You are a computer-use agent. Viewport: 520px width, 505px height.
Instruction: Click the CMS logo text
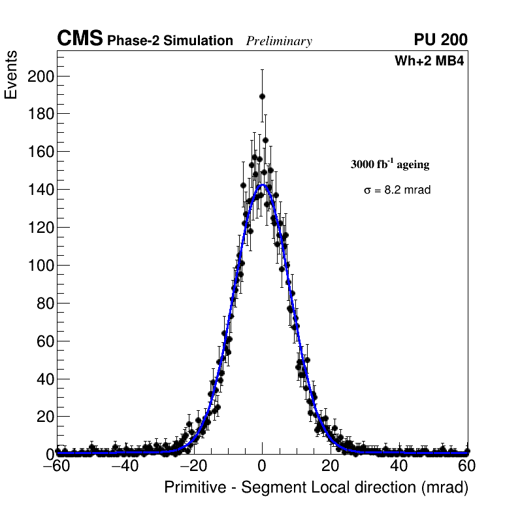pyautogui.click(x=80, y=40)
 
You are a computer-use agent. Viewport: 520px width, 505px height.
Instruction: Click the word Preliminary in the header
pyautogui.click(x=279, y=41)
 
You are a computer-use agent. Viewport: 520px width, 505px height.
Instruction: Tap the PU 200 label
pyautogui.click(x=440, y=40)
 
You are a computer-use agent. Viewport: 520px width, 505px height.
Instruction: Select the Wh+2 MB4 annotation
pyautogui.click(x=429, y=61)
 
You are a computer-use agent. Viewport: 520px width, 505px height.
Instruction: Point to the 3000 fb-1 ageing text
pyautogui.click(x=390, y=164)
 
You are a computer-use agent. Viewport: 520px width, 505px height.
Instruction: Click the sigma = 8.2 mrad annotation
pyautogui.click(x=397, y=190)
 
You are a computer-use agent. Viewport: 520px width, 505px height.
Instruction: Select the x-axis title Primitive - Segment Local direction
pyautogui.click(x=316, y=488)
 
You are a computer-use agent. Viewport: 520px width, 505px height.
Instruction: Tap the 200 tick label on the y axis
pyautogui.click(x=40, y=77)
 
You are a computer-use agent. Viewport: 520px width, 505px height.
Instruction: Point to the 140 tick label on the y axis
pyautogui.click(x=40, y=190)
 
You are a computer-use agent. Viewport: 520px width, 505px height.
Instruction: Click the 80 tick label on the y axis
pyautogui.click(x=43, y=303)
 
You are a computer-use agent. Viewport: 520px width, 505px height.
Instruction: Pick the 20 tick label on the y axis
pyautogui.click(x=43, y=416)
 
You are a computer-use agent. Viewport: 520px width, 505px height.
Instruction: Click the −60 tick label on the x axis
pyautogui.click(x=56, y=467)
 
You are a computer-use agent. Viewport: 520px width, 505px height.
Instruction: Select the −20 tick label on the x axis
pyautogui.click(x=193, y=467)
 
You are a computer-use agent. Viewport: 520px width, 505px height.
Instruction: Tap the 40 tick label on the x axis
pyautogui.click(x=399, y=467)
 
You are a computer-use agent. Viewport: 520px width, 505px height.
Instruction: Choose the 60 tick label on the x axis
pyautogui.click(x=467, y=467)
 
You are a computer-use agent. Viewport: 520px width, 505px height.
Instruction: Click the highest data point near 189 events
pyautogui.click(x=262, y=96)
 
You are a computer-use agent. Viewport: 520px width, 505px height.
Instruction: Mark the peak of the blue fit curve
pyautogui.click(x=263, y=185)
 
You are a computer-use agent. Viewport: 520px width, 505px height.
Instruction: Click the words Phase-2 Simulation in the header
pyautogui.click(x=170, y=41)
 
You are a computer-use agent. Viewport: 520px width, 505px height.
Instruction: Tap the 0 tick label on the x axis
pyautogui.click(x=262, y=467)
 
